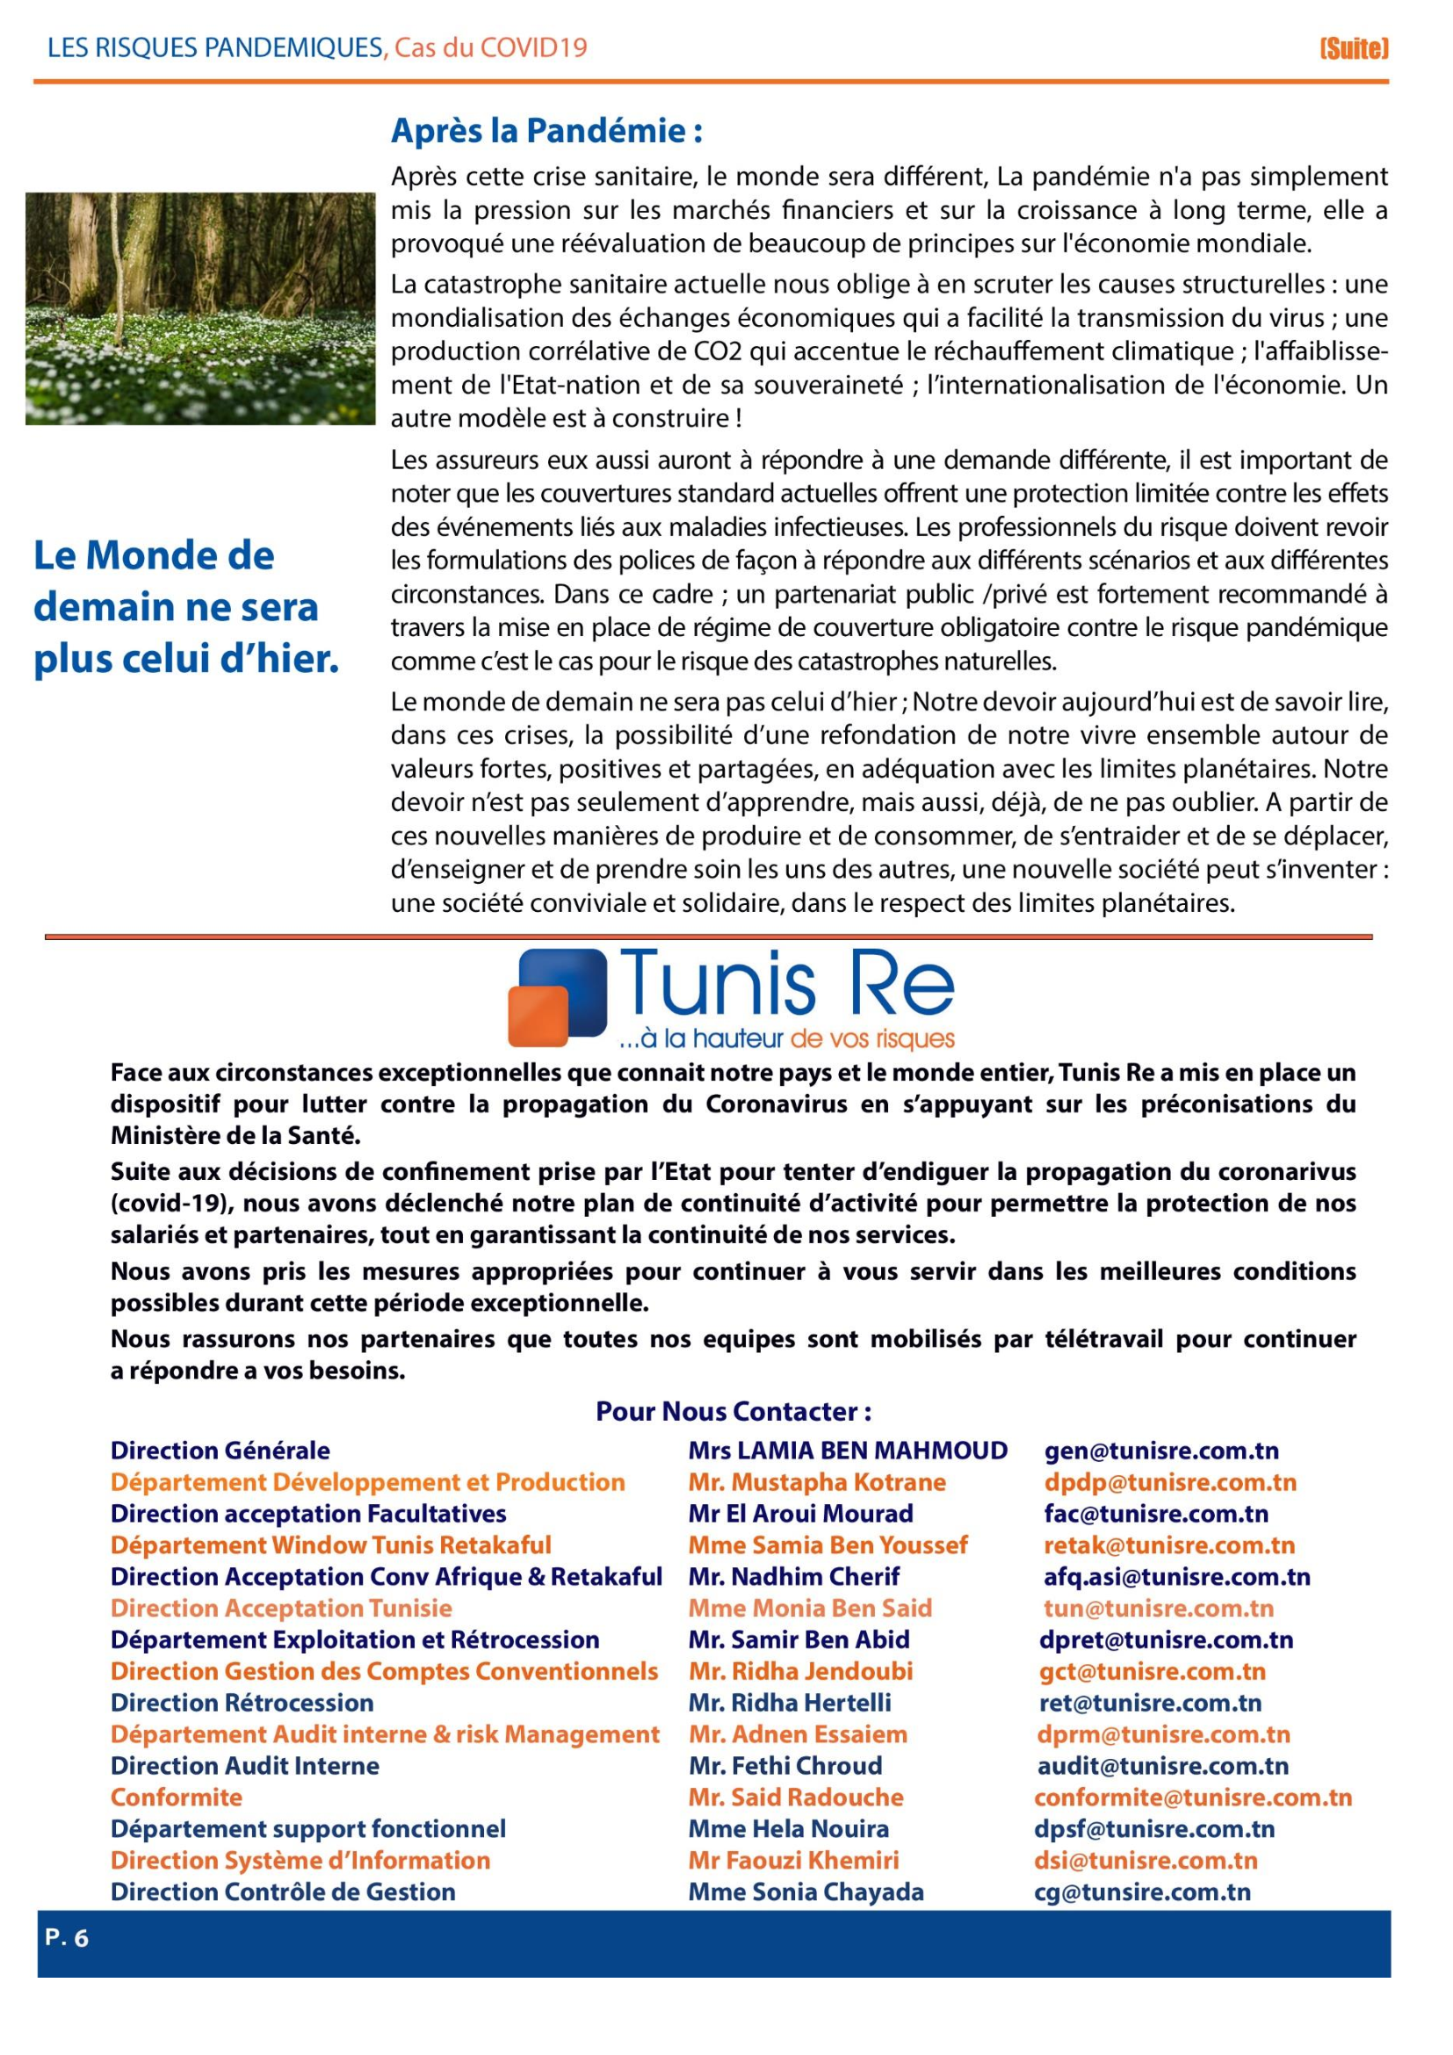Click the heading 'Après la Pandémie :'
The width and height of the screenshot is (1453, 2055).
coord(546,132)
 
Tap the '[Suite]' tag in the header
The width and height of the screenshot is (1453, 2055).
coord(1354,48)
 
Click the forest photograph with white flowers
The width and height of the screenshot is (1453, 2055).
coord(200,308)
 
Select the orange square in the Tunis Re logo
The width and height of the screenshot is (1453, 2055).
coord(538,1016)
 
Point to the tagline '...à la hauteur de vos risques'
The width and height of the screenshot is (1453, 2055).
coord(786,1039)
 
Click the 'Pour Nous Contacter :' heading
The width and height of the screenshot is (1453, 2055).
coord(734,1412)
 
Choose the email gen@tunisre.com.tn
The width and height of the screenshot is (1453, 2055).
coord(1161,1451)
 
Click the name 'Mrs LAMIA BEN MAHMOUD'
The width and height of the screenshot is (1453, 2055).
coord(847,1451)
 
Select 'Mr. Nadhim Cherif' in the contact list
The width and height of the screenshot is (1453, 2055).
coord(793,1576)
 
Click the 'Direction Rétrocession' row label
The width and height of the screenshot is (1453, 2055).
coord(242,1703)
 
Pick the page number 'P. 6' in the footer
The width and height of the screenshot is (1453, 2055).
coord(67,1938)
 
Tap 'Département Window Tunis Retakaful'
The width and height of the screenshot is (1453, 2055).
coord(330,1545)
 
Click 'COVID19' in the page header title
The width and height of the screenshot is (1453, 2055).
coord(533,47)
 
